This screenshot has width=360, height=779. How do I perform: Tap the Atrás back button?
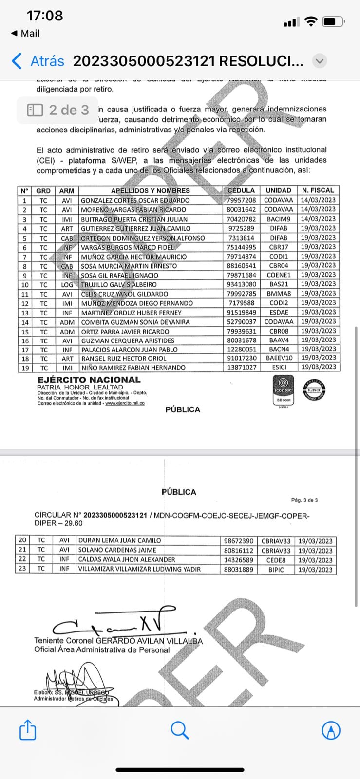tap(38, 61)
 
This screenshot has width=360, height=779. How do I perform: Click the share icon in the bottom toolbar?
tap(28, 730)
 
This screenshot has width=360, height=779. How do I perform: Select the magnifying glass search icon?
tap(180, 730)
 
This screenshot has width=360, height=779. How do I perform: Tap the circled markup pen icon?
tap(331, 730)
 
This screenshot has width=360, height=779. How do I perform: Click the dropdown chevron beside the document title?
tap(320, 61)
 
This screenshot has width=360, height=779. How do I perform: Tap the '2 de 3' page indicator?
tap(58, 110)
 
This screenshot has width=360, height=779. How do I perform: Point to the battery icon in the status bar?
tap(334, 22)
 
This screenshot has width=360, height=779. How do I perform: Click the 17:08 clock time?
tap(45, 16)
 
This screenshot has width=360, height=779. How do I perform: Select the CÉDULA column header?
tap(241, 190)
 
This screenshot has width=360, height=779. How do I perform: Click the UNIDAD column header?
tap(279, 190)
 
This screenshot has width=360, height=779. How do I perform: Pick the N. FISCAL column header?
tap(318, 190)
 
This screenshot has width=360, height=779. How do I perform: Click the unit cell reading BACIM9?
tap(279, 219)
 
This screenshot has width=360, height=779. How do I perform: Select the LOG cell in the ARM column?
tap(67, 284)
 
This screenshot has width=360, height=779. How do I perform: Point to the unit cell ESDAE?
tap(279, 313)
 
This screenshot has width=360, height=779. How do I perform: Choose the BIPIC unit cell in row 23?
tap(276, 569)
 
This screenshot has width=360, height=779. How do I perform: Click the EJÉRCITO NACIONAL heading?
tap(89, 380)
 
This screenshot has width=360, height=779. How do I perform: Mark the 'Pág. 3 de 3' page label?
tap(304, 500)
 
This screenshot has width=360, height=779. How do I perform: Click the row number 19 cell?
tap(25, 368)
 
